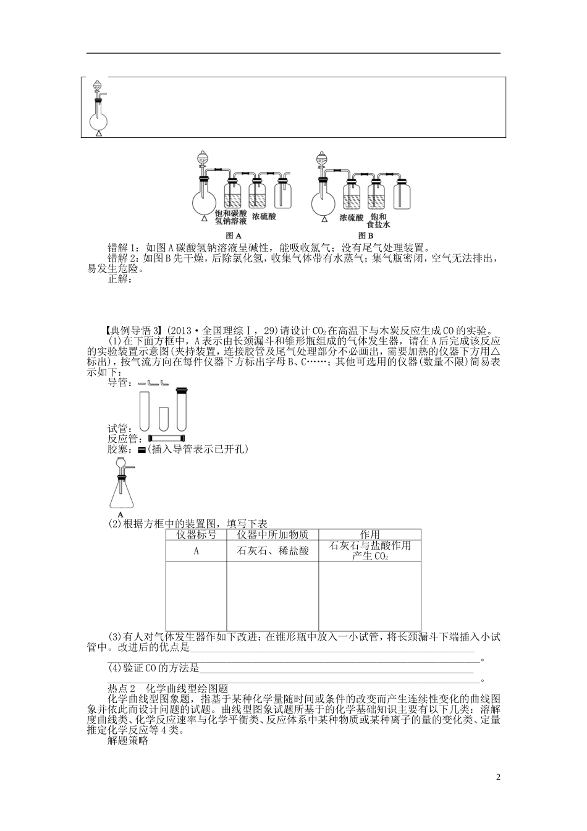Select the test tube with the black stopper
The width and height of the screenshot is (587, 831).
[181, 409]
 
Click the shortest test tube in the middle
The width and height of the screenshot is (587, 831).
[163, 419]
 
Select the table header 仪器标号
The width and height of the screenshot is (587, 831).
[196, 535]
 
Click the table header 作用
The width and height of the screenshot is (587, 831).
[370, 535]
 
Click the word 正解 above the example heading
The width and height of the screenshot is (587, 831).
[120, 279]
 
